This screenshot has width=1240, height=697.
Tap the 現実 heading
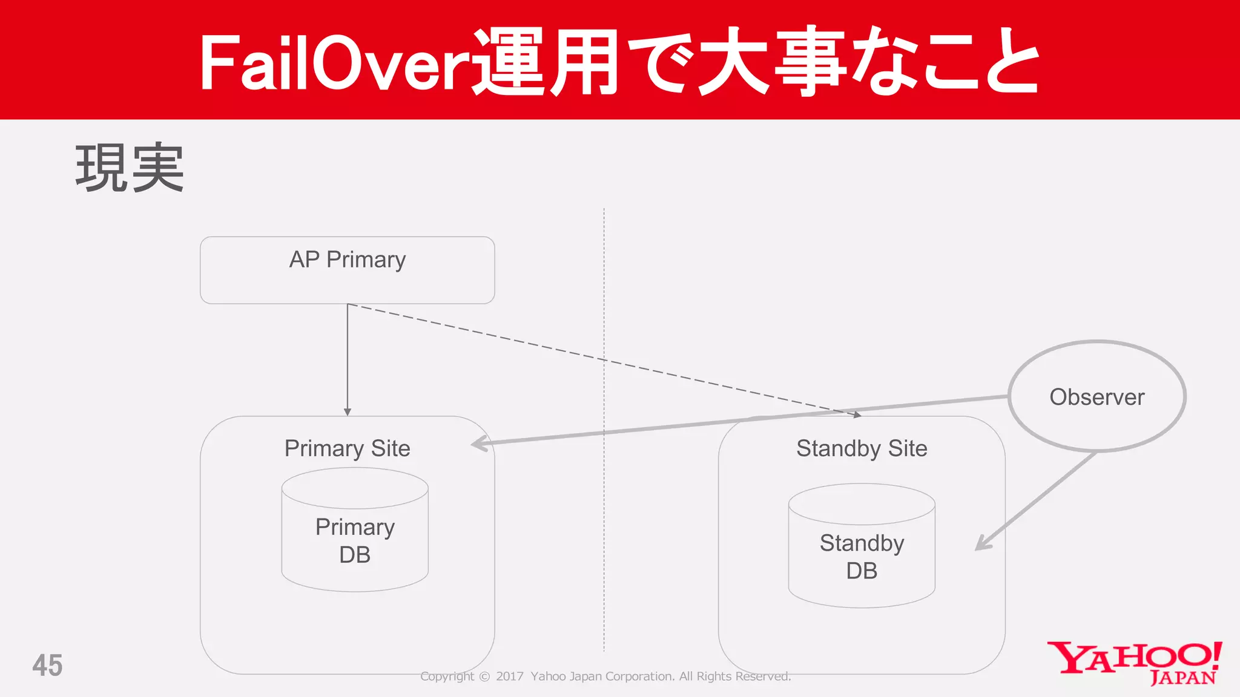[x=130, y=168]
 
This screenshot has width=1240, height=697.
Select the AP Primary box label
[x=348, y=260]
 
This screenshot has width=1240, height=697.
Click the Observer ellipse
[x=1097, y=397]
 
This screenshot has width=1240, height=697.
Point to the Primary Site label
[x=348, y=448]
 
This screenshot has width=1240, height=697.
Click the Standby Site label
[x=862, y=448]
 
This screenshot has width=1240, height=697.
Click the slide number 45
[x=47, y=666]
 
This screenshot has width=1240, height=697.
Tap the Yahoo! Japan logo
[x=1135, y=663]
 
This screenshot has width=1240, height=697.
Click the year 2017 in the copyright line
[x=510, y=676]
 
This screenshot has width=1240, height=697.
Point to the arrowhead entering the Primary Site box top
[x=348, y=412]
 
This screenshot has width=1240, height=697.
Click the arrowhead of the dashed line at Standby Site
[x=857, y=415]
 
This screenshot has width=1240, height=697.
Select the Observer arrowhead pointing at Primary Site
[x=480, y=444]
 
